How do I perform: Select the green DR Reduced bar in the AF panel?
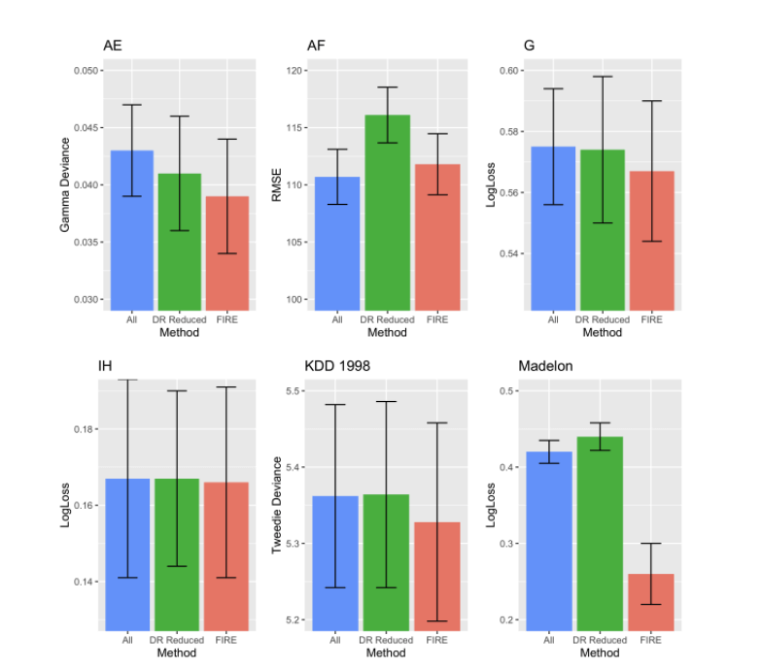click(387, 213)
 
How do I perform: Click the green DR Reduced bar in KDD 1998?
click(386, 562)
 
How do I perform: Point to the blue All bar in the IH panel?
click(127, 554)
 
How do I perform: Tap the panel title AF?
click(316, 45)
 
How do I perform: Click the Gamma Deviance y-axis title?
click(65, 185)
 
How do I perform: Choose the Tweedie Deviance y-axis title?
click(277, 506)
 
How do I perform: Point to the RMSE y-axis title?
click(277, 185)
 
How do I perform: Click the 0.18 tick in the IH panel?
click(86, 429)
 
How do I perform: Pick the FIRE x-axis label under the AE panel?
click(225, 319)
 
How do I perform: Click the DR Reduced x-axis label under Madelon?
click(601, 640)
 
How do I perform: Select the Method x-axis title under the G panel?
click(602, 333)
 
